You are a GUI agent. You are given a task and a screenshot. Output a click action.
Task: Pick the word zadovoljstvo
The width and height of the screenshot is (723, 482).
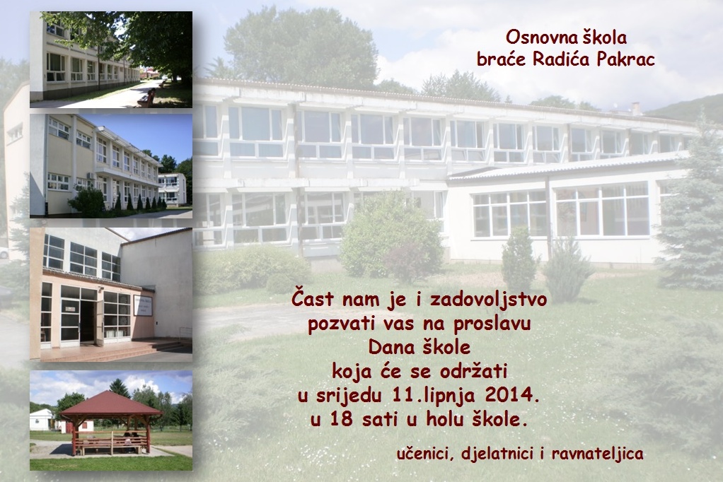coord(488,300)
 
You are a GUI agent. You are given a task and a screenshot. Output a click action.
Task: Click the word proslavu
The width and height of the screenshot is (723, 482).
coord(492,324)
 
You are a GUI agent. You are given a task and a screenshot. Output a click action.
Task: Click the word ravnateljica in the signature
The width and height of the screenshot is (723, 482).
coord(597,454)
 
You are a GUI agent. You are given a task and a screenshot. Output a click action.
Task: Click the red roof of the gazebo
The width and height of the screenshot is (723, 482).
coord(110,404)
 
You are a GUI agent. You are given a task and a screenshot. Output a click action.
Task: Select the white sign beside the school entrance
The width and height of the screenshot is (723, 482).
coord(143,305)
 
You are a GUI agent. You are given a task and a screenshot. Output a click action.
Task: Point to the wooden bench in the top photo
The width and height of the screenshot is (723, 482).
coord(147,98)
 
